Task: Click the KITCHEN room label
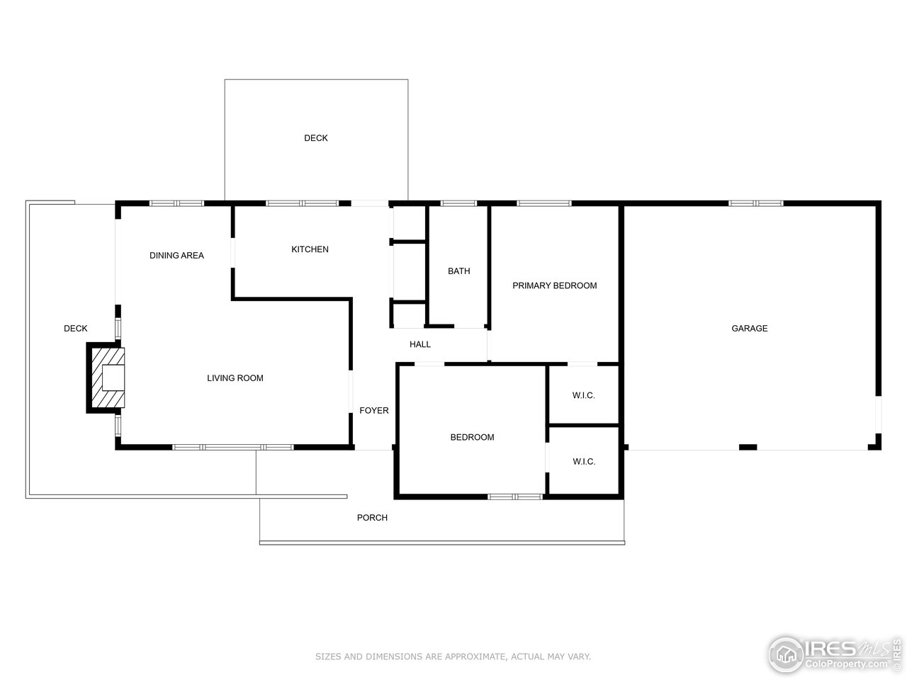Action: (310, 249)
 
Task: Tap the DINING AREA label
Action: (176, 256)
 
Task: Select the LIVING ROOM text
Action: (235, 378)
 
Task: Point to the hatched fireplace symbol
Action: (107, 378)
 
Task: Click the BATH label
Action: (458, 271)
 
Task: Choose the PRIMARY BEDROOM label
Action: (554, 285)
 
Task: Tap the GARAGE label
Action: (749, 329)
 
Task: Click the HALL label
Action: (419, 345)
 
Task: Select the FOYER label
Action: (373, 411)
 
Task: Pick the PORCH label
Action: (371, 518)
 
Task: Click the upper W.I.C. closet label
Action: (583, 395)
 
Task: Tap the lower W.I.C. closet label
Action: (583, 462)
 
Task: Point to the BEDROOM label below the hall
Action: (472, 438)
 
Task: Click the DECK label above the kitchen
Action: (315, 138)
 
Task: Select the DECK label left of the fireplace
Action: (75, 329)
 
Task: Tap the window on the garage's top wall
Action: (755, 203)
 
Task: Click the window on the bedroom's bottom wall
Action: (515, 497)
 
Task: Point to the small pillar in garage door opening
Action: (748, 447)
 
